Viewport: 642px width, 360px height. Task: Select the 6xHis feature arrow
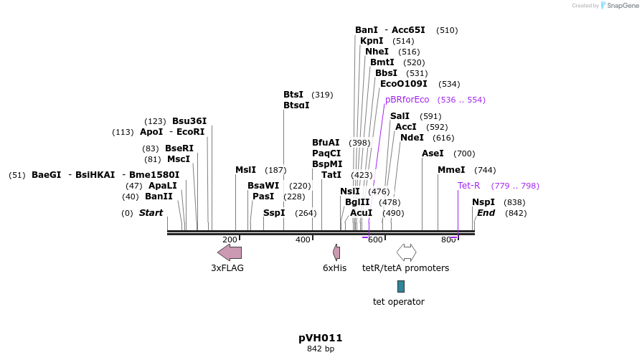coord(336,252)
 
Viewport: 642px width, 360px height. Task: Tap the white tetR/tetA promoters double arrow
coord(406,252)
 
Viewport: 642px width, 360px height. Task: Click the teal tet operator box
coord(401,286)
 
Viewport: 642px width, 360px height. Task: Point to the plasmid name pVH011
coord(321,338)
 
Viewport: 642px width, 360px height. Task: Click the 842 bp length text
coord(321,349)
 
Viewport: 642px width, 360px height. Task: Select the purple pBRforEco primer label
coord(407,100)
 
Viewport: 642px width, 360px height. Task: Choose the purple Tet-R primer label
coord(468,186)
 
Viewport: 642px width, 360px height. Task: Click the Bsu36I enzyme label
coord(189,121)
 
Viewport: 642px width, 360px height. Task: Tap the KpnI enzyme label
coord(372,41)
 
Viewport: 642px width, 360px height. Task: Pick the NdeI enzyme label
coord(412,138)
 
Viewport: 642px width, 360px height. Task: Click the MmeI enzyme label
coord(451,170)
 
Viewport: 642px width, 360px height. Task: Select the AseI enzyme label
coord(433,153)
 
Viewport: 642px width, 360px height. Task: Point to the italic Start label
coord(151,213)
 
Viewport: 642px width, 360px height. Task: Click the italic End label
coord(486,213)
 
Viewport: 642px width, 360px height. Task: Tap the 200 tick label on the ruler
coord(230,240)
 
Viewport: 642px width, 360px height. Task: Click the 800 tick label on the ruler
coord(449,240)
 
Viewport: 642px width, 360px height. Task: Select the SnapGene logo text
coord(622,6)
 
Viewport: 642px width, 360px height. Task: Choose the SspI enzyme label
coord(274,213)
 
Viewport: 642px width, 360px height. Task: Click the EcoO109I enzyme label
coord(403,84)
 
